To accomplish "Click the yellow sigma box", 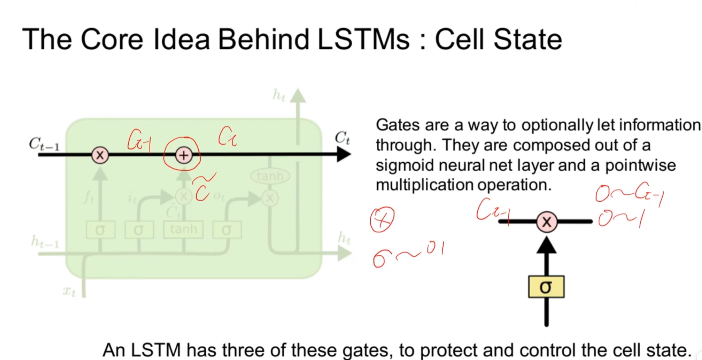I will (546, 287).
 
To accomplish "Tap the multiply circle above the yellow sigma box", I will (547, 222).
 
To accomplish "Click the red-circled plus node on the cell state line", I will (183, 155).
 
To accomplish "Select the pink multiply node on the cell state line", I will (100, 155).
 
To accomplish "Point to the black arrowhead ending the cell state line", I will (343, 154).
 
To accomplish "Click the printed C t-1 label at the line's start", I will (44, 144).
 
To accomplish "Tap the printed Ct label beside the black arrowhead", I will (342, 138).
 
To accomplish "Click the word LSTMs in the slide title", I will (363, 39).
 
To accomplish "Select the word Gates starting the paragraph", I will (398, 125).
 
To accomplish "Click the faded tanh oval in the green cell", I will (270, 176).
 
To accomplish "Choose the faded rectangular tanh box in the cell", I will (183, 230).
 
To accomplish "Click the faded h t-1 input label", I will (45, 241).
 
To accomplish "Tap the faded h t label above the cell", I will (279, 95).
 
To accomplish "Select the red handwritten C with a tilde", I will (203, 188).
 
